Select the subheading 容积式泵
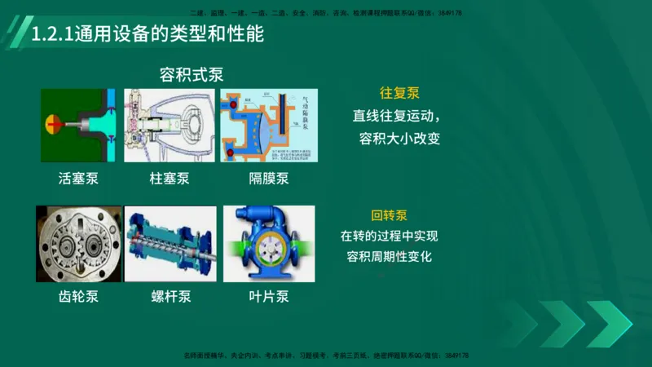191,75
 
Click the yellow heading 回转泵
389,216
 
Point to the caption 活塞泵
78,178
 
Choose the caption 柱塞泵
170,178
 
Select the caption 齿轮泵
78,296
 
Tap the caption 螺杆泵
170,296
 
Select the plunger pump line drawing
170,126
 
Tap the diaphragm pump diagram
267,126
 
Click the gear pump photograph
78,244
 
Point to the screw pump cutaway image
170,244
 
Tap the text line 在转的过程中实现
389,237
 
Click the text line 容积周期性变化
389,257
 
